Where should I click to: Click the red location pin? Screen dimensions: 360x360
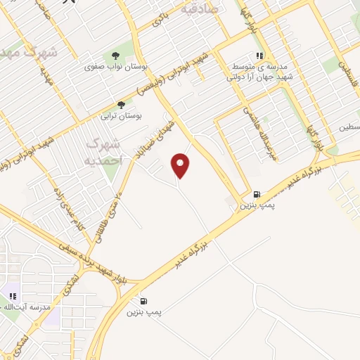[x=181, y=165]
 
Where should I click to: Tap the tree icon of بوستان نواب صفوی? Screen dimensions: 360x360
[x=116, y=57]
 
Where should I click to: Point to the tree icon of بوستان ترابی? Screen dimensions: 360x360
[x=120, y=103]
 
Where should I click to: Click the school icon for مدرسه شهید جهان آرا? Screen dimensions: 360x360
[x=260, y=56]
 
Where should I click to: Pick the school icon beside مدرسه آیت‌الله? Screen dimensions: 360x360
[x=13, y=296]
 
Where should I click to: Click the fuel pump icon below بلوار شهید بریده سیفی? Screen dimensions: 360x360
[x=144, y=300]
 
